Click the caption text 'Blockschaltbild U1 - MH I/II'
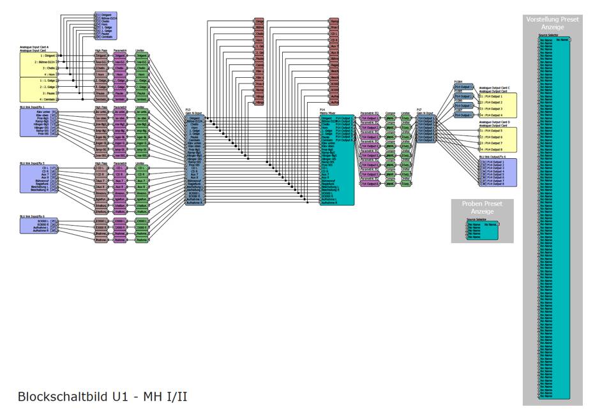(102, 396)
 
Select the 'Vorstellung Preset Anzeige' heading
(552, 24)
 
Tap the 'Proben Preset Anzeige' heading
(482, 207)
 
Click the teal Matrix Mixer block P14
(336, 160)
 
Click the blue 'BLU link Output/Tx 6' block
(497, 172)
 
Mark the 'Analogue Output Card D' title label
(499, 122)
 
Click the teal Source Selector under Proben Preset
(482, 229)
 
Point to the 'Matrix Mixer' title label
(327, 113)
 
